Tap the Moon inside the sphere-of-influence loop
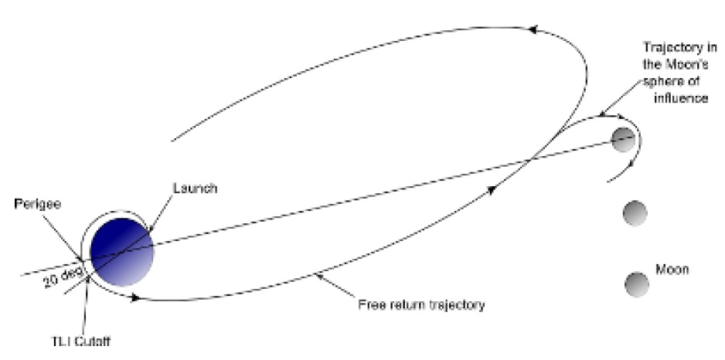[x=623, y=139]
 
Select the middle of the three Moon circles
[x=635, y=212]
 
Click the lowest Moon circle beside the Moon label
[x=637, y=284]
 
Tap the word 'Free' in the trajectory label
[x=372, y=304]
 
